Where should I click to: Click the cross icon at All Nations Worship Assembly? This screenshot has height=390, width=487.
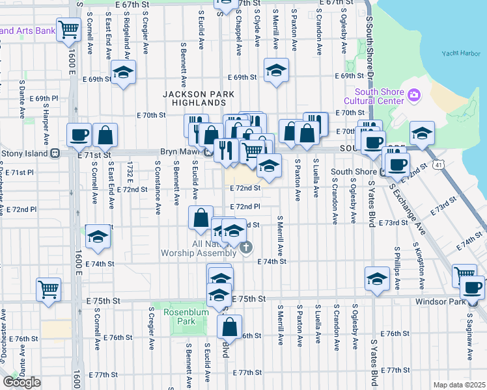click(x=246, y=246)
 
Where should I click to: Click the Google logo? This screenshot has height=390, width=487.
click(x=21, y=382)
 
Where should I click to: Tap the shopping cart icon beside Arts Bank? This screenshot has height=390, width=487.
click(x=68, y=29)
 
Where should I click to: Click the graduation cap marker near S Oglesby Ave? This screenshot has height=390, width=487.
click(x=377, y=279)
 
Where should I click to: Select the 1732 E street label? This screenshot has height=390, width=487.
click(x=131, y=174)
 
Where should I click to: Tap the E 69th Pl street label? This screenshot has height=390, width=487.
click(x=44, y=99)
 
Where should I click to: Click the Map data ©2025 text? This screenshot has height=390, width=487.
click(x=459, y=385)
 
